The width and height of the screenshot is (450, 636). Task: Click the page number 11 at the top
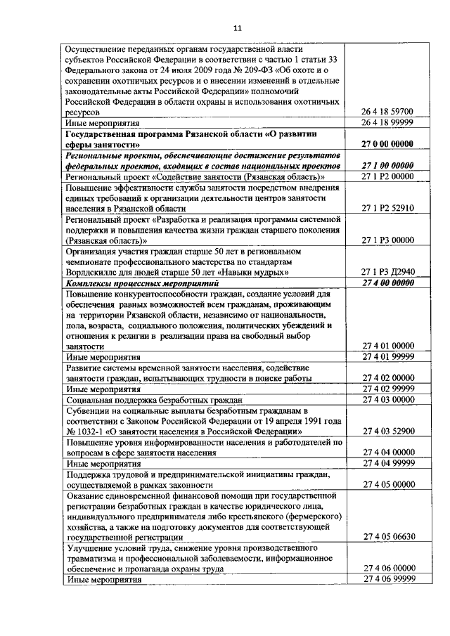point(236,27)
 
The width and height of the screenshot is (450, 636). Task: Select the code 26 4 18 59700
point(387,111)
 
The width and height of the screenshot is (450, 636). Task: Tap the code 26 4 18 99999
point(387,122)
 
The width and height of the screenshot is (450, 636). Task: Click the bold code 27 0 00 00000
point(387,143)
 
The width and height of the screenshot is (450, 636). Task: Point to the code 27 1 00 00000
point(387,165)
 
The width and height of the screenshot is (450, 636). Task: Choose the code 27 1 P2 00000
point(387,176)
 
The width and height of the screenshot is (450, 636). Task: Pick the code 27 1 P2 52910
point(387,208)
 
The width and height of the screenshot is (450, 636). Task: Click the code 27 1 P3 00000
point(387,240)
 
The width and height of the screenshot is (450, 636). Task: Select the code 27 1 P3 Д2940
point(387,271)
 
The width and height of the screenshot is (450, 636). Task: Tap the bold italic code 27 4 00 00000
point(387,283)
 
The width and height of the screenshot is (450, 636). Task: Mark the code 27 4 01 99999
point(387,357)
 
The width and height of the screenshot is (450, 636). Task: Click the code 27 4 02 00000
point(387,377)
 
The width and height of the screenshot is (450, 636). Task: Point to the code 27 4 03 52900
point(387,431)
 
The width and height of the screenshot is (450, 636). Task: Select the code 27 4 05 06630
point(387,536)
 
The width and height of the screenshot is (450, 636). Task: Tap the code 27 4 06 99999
point(387,579)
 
